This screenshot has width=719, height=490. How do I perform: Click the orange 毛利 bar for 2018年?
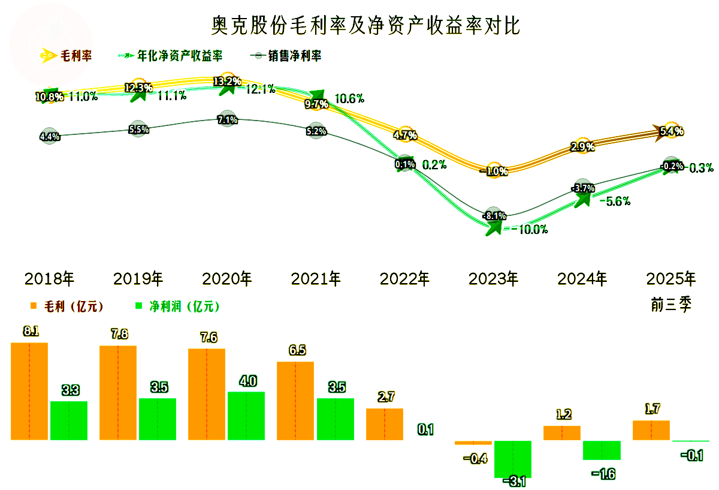click(29, 391)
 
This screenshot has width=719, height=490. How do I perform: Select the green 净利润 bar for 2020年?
click(246, 416)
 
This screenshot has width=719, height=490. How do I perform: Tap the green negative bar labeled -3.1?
click(513, 459)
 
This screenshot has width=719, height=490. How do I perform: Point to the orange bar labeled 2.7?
click(385, 424)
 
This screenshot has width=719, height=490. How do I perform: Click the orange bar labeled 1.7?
click(651, 430)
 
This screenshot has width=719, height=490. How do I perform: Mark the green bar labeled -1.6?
click(602, 450)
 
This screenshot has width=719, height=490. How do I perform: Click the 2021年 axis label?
click(316, 279)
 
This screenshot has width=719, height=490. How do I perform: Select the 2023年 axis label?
click(493, 279)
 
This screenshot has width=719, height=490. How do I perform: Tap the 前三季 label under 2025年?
click(671, 305)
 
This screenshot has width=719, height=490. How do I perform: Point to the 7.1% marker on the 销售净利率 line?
click(227, 119)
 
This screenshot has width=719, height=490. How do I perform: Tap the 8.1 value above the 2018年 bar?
click(30, 331)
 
